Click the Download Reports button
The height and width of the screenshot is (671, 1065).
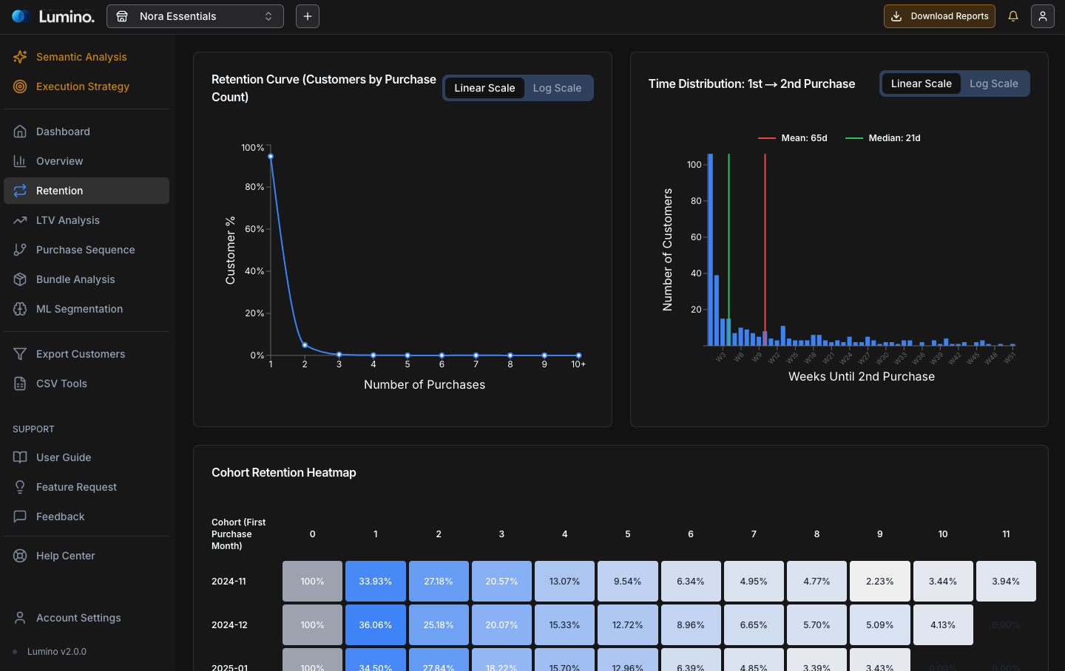939,16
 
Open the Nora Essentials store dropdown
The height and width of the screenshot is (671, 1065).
195,16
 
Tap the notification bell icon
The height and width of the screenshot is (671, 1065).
1013,16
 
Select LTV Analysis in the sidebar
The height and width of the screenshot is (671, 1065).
68,220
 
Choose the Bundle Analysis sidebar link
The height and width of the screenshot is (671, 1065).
75,279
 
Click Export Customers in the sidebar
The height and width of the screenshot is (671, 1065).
81,354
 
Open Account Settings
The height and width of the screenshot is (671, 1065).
78,618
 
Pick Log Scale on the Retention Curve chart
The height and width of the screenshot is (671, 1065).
557,88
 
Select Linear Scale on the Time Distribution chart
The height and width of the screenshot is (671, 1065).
921,84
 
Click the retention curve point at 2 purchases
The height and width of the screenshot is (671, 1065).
305,345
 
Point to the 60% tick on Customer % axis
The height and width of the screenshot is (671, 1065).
254,229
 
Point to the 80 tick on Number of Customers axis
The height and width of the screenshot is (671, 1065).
696,201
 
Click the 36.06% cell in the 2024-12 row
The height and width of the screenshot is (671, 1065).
376,624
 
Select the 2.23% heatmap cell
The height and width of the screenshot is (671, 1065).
880,581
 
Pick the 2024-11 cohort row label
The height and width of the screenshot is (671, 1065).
229,582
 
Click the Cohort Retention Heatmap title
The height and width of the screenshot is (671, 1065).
284,473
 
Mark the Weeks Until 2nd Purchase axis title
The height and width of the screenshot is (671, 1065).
862,377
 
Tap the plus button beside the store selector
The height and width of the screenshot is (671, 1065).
308,16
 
